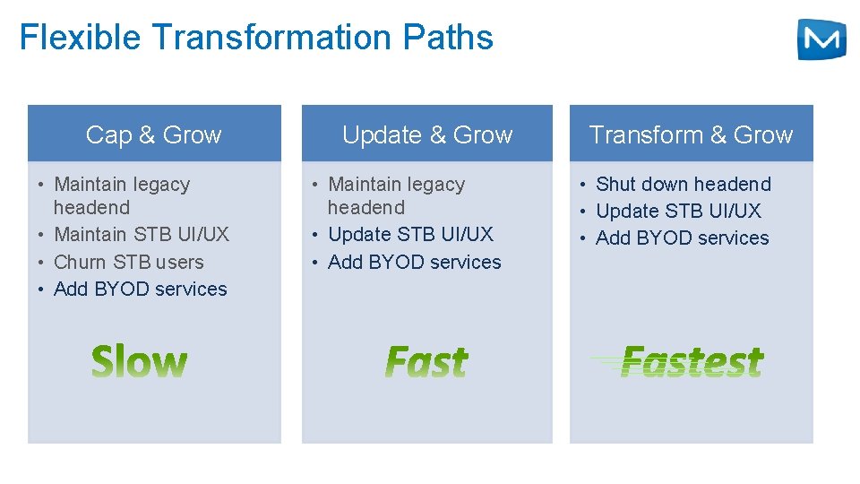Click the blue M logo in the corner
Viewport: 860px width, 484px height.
point(821,39)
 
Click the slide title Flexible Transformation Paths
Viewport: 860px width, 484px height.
point(256,38)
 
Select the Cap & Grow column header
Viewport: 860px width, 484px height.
point(153,134)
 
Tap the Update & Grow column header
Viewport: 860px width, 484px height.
point(427,134)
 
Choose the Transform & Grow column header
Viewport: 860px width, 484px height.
point(691,134)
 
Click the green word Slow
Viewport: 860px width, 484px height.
point(140,362)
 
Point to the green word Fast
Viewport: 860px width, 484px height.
point(426,362)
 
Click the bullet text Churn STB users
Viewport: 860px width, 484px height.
point(129,262)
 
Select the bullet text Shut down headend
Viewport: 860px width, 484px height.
point(683,184)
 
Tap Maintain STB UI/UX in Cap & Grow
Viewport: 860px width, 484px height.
point(142,234)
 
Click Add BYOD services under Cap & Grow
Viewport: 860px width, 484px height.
point(141,289)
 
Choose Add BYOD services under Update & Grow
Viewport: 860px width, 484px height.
point(415,262)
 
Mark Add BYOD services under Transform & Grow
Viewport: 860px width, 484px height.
point(683,238)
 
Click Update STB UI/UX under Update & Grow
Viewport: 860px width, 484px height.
point(410,234)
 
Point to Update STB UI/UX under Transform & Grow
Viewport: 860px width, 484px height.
point(678,211)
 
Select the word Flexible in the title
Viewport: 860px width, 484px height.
point(81,38)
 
